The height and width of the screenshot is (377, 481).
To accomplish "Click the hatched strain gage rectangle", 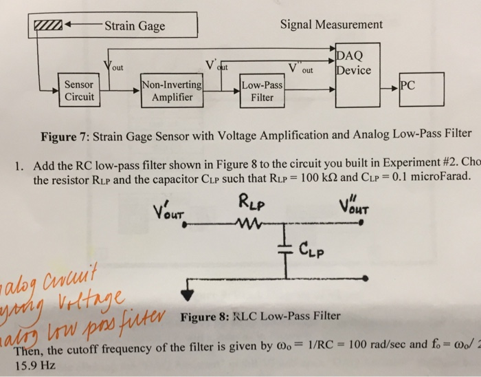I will tap(50, 28).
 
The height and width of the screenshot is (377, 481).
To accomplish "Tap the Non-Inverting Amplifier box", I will tap(172, 91).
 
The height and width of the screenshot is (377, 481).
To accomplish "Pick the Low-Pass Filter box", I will tap(262, 91).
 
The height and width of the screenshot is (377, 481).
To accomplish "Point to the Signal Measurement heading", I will tap(331, 25).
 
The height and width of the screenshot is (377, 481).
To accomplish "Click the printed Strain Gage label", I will tap(135, 27).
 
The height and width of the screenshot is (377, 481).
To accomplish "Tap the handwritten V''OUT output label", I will tap(357, 207).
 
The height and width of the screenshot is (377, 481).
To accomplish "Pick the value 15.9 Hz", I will tap(34, 367).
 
